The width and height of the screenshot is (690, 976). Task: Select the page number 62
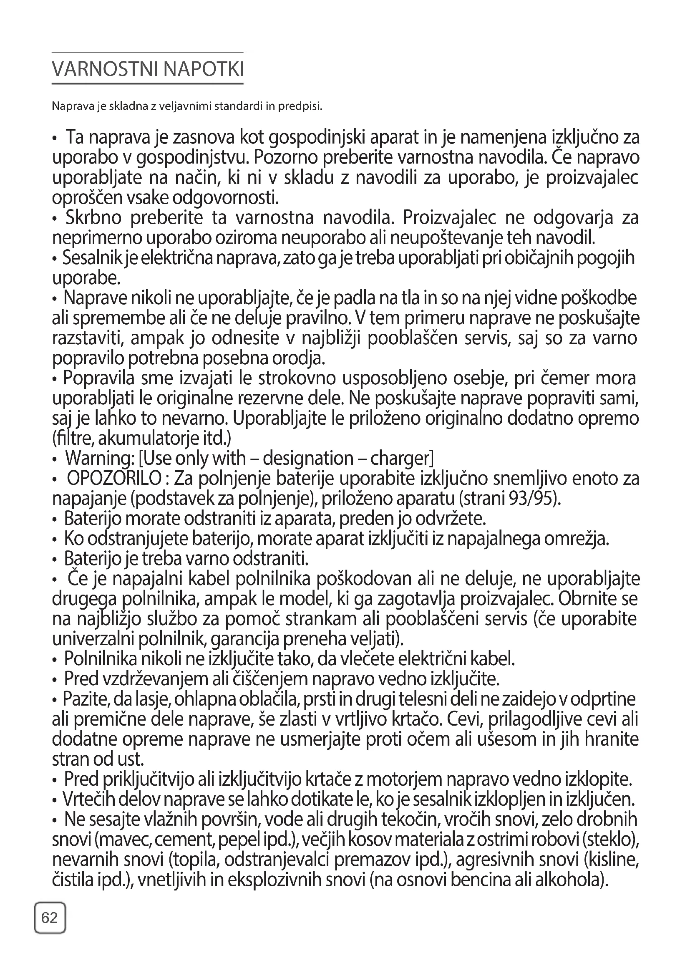(x=50, y=918)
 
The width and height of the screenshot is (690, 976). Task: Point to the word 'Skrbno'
(x=93, y=218)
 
